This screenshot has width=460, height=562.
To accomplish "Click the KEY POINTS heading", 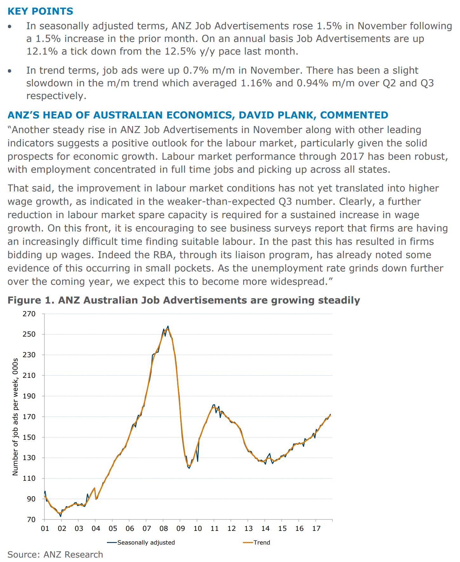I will click(x=40, y=11).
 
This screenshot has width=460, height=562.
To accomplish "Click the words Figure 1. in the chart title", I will click(x=31, y=300).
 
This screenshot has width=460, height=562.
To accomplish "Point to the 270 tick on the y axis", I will click(x=29, y=314).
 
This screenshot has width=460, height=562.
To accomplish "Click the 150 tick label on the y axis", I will click(x=29, y=437).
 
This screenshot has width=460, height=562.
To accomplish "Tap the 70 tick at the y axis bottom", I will click(x=31, y=519).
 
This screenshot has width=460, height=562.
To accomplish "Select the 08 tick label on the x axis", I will click(x=163, y=528).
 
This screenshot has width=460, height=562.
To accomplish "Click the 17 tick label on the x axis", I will click(x=316, y=528).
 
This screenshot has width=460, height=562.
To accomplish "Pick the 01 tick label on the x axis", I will click(x=45, y=528).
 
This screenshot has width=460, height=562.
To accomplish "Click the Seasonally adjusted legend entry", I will click(x=146, y=543).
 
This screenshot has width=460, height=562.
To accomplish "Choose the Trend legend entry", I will click(x=262, y=543).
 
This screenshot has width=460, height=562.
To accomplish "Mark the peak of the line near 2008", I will click(x=168, y=326).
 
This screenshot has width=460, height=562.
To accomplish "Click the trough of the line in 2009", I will click(x=189, y=468).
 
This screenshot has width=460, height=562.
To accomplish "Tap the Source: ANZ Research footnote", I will click(x=55, y=554).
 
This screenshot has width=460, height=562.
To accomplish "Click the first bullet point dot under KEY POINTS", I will click(x=10, y=26).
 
